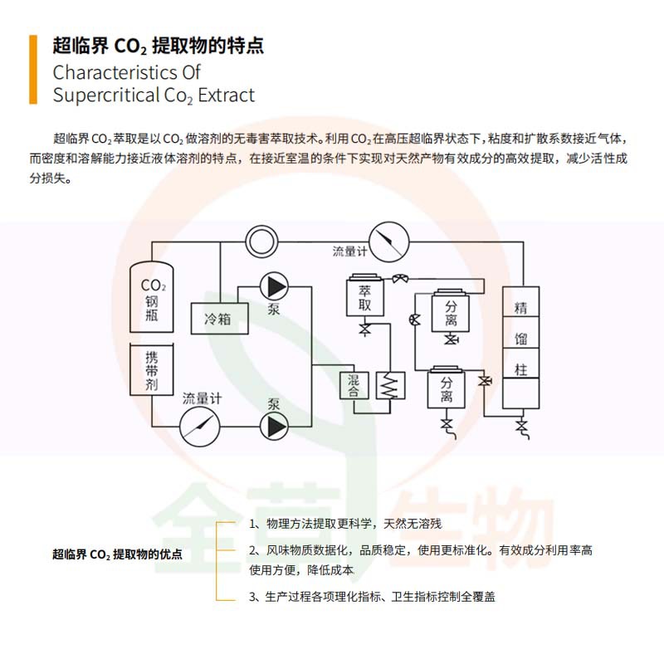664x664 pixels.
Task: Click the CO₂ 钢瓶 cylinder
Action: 152,297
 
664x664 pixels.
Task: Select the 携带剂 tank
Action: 152,370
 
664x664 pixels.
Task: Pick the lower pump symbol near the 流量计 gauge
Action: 273,427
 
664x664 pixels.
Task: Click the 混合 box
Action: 353,386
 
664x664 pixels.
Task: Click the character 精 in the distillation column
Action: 520,308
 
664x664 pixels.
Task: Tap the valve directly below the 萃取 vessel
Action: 364,331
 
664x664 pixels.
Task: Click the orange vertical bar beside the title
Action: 33,70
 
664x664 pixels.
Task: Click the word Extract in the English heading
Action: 227,95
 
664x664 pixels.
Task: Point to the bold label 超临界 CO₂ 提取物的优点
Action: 117,554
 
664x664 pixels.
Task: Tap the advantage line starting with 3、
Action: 372,597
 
